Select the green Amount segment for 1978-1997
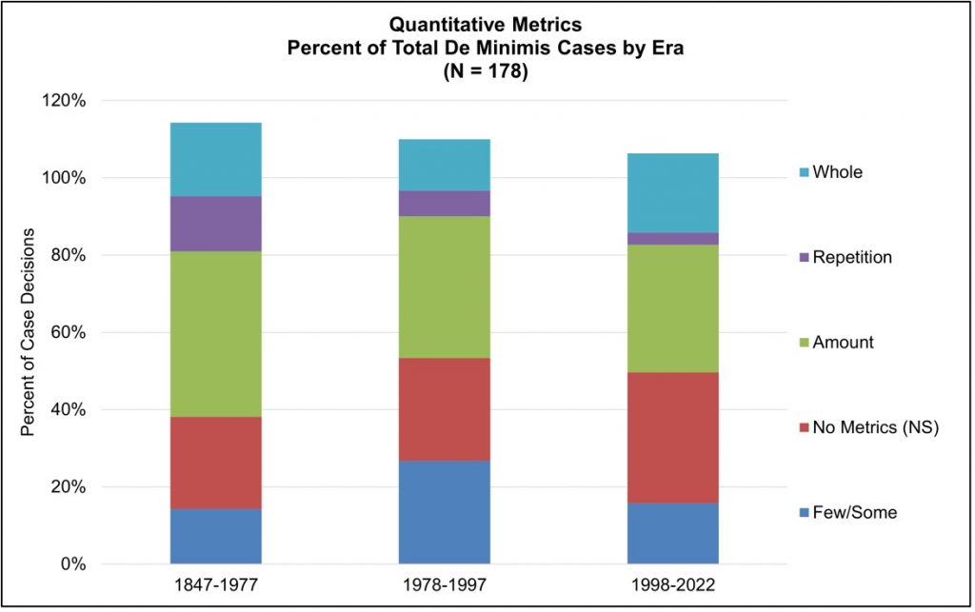pos(445,286)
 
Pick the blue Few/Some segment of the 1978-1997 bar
pos(445,512)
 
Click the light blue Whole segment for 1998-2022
pos(673,192)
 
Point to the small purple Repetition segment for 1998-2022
pos(673,239)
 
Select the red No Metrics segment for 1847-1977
pos(216,463)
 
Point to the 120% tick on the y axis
pos(67,101)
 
